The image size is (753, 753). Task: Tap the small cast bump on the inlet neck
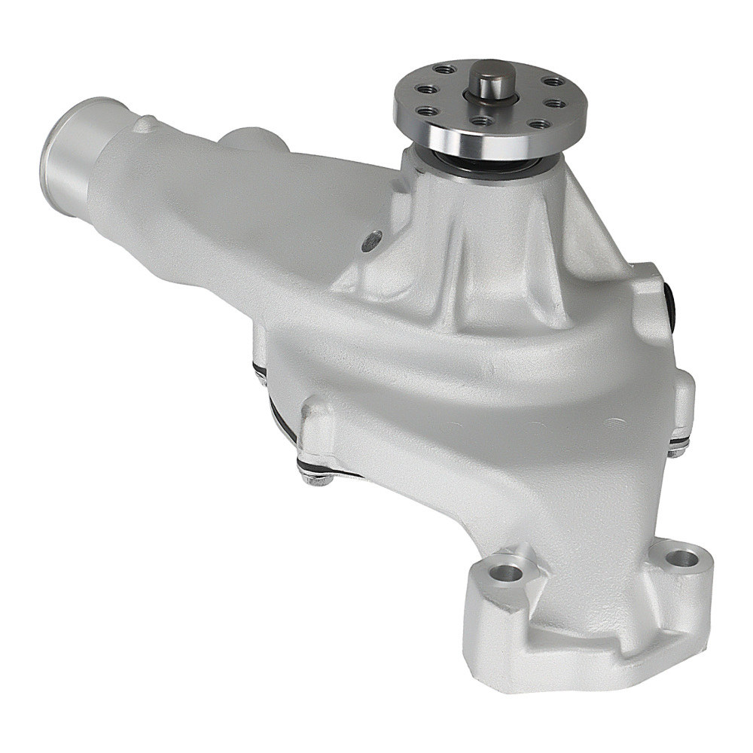coord(145,124)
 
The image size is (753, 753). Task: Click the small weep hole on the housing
coord(370,242)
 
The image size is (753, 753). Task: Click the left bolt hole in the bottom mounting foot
coord(509,572)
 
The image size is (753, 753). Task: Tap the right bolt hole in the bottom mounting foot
coord(681,559)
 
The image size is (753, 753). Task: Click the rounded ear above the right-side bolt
coord(681,403)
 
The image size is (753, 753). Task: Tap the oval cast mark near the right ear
coord(614,422)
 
